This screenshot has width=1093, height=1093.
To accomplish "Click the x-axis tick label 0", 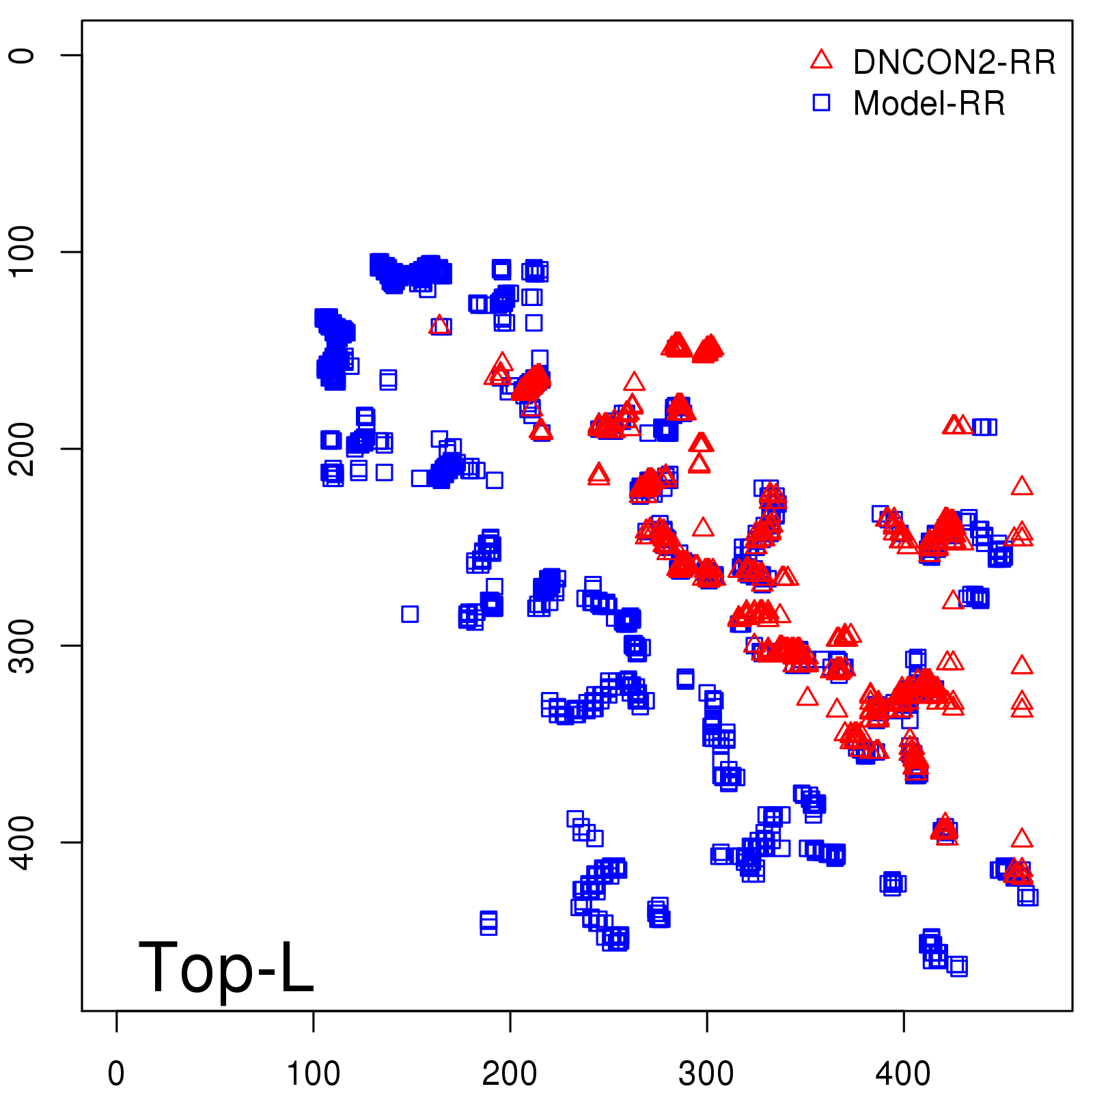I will (x=116, y=1074).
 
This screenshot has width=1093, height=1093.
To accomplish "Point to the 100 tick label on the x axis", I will (x=313, y=1074).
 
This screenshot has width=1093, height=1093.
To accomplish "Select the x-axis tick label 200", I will (x=510, y=1074).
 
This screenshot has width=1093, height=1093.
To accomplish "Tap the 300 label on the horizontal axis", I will (x=706, y=1074).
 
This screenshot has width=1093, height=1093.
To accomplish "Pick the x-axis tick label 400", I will (x=903, y=1074).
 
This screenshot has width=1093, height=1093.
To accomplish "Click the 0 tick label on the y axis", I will (x=22, y=55).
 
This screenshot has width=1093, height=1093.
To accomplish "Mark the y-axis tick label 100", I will (x=22, y=251).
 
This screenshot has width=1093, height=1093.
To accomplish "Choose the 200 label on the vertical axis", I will (x=22, y=448).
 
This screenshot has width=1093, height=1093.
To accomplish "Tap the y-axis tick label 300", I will (x=22, y=645).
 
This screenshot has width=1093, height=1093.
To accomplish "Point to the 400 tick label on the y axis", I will (x=22, y=842).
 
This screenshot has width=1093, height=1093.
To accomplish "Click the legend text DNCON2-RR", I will (x=954, y=62).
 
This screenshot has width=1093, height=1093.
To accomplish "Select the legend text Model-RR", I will (x=929, y=104).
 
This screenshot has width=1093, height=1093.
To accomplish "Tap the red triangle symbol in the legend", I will (x=821, y=60).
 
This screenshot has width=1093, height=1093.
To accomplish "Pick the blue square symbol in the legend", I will (x=821, y=103).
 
